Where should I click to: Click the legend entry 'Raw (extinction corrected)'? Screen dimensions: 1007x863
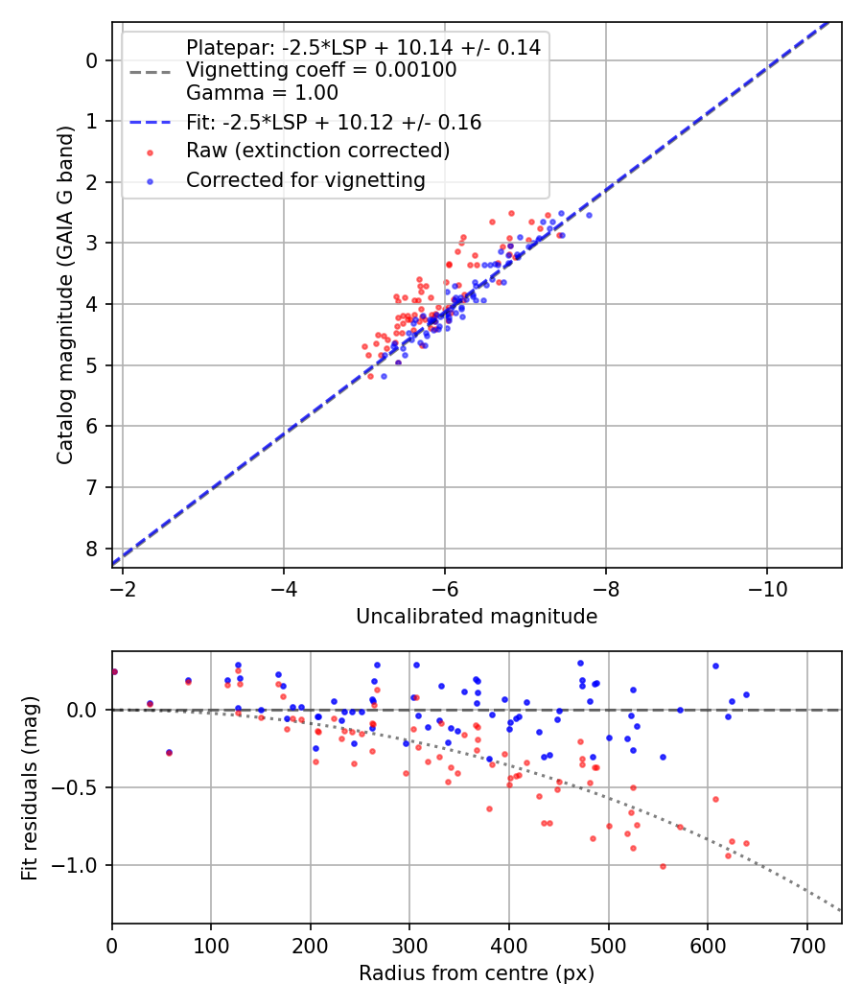[x=317, y=151]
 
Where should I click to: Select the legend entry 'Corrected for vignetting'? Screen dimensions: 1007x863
[x=305, y=179]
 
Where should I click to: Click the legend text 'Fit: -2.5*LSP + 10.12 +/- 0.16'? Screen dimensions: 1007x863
[x=333, y=123]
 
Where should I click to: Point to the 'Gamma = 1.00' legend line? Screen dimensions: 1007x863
[x=262, y=93]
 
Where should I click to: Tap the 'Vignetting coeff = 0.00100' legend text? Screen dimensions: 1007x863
[x=321, y=70]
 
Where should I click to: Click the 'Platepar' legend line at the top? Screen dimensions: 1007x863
[x=362, y=47]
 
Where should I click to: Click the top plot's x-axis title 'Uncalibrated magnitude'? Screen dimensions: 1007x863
[x=477, y=617]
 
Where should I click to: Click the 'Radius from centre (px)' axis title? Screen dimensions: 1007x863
[x=477, y=973]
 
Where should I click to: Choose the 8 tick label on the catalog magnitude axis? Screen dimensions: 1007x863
[x=92, y=549]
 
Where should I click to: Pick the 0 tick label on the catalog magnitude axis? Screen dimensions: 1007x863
[x=92, y=60]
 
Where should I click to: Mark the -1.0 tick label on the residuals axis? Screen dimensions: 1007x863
[x=81, y=865]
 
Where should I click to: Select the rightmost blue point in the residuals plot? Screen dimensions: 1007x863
[x=746, y=694]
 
